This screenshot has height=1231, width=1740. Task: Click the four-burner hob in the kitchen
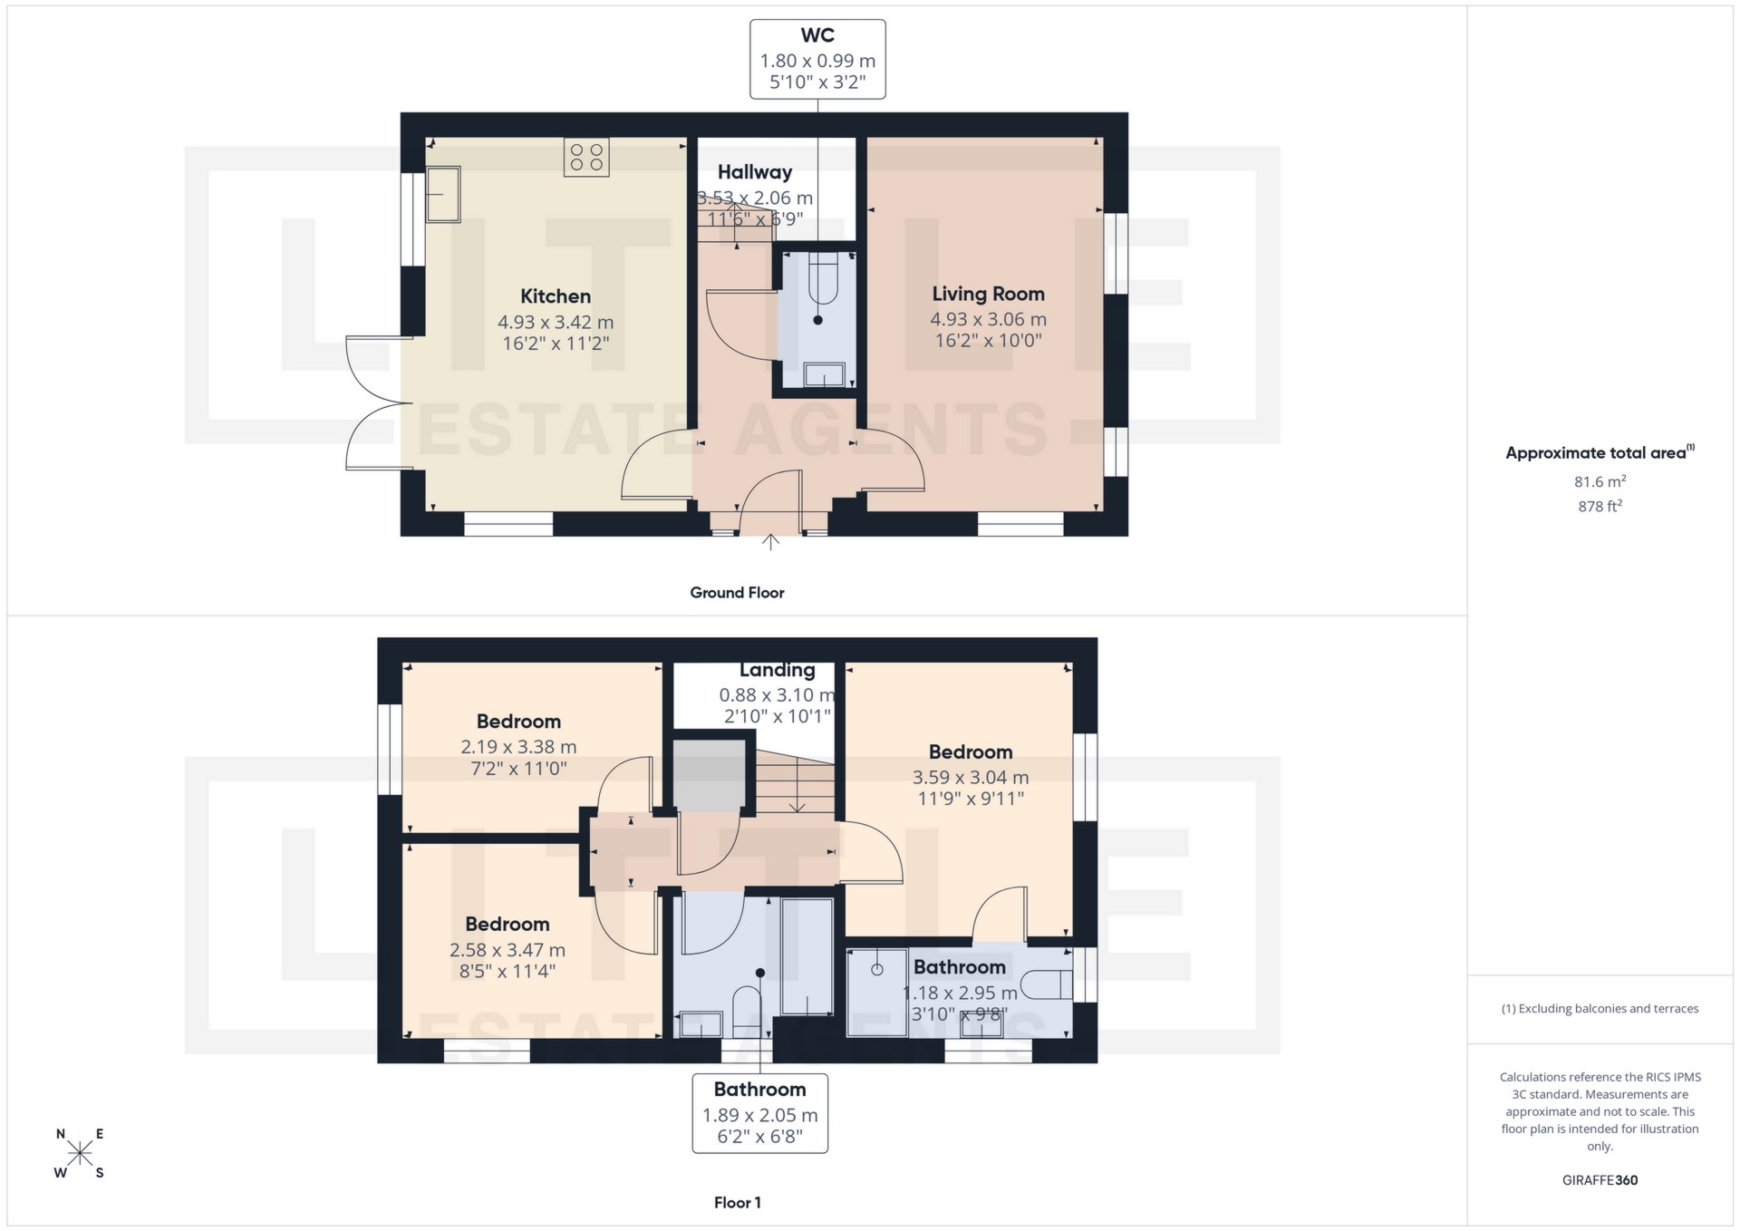tap(585, 157)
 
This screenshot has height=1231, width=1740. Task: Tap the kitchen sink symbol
tap(443, 194)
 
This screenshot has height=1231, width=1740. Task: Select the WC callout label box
tap(817, 59)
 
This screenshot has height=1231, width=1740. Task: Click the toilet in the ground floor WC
tap(823, 278)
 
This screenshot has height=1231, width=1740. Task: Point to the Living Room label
tap(988, 294)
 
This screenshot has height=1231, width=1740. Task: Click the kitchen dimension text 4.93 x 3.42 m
tap(555, 322)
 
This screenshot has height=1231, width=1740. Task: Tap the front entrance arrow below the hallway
tap(770, 542)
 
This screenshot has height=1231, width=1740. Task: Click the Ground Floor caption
tap(737, 592)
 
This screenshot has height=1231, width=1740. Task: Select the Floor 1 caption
tap(737, 1202)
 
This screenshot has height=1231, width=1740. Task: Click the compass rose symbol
tap(80, 1153)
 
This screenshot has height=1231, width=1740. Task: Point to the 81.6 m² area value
tap(1600, 481)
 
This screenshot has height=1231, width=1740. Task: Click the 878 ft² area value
tap(1600, 506)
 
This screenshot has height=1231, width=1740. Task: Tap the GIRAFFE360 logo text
tap(1600, 1179)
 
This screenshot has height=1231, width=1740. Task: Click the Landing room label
tap(777, 670)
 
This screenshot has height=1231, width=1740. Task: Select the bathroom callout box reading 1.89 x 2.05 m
tap(759, 1113)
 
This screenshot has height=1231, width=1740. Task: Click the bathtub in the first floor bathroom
tap(807, 956)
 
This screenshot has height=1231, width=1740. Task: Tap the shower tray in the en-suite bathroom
tap(876, 992)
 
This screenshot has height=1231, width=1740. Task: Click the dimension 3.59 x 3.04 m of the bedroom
tap(970, 777)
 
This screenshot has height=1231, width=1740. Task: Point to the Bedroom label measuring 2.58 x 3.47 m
tap(507, 924)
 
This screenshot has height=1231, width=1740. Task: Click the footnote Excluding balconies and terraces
tap(1600, 1008)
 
